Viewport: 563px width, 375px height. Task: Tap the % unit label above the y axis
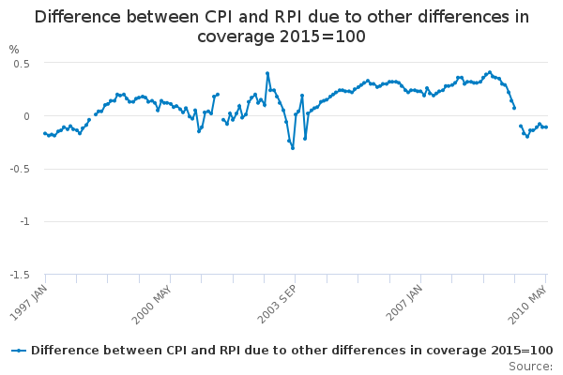[14, 50]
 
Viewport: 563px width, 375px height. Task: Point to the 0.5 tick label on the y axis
[22, 63]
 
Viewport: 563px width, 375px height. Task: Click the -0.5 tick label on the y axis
[20, 169]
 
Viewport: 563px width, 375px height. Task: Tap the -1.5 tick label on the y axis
[20, 275]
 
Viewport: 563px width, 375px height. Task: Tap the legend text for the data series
[292, 350]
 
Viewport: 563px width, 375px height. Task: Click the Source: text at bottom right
[531, 366]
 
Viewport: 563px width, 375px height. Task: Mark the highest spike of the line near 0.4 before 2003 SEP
[267, 73]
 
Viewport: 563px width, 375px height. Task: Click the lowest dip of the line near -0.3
[292, 147]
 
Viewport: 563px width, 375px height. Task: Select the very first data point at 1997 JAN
[44, 133]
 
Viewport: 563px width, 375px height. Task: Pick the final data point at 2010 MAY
[546, 127]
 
